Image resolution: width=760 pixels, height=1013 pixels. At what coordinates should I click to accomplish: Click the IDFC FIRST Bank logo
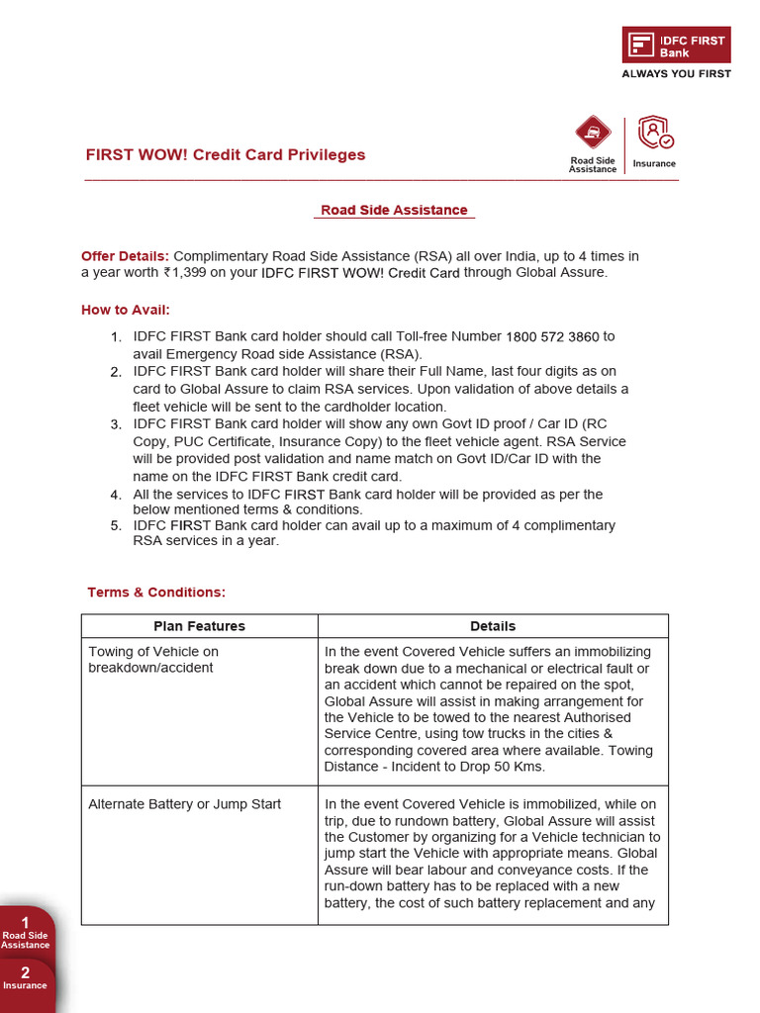[676, 46]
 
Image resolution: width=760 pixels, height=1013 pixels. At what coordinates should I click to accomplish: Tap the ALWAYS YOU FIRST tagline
[676, 73]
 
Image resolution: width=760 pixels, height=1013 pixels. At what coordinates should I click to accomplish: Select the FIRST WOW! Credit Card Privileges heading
[226, 154]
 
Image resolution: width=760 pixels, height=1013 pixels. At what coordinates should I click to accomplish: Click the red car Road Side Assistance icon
[592, 134]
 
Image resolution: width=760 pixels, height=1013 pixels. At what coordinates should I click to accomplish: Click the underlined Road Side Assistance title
[394, 210]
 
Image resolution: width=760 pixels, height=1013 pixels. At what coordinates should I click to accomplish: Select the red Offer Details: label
[126, 256]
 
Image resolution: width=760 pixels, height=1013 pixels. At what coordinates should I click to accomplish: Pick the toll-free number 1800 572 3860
[552, 336]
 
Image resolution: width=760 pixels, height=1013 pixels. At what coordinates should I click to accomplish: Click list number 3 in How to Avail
[116, 424]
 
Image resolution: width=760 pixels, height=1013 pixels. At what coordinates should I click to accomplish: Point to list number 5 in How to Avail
[116, 525]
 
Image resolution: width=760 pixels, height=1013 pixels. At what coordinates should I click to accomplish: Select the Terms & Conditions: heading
[156, 592]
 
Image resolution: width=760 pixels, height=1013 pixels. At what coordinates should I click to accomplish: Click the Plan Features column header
[199, 626]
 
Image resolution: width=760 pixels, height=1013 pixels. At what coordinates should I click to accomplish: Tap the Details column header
[493, 626]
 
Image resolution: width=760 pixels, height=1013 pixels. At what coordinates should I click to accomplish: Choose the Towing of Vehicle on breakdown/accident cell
[153, 660]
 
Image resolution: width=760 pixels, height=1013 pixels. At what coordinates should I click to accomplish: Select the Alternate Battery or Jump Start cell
[184, 804]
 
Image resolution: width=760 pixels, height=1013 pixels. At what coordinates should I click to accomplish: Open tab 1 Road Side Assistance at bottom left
[26, 933]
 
